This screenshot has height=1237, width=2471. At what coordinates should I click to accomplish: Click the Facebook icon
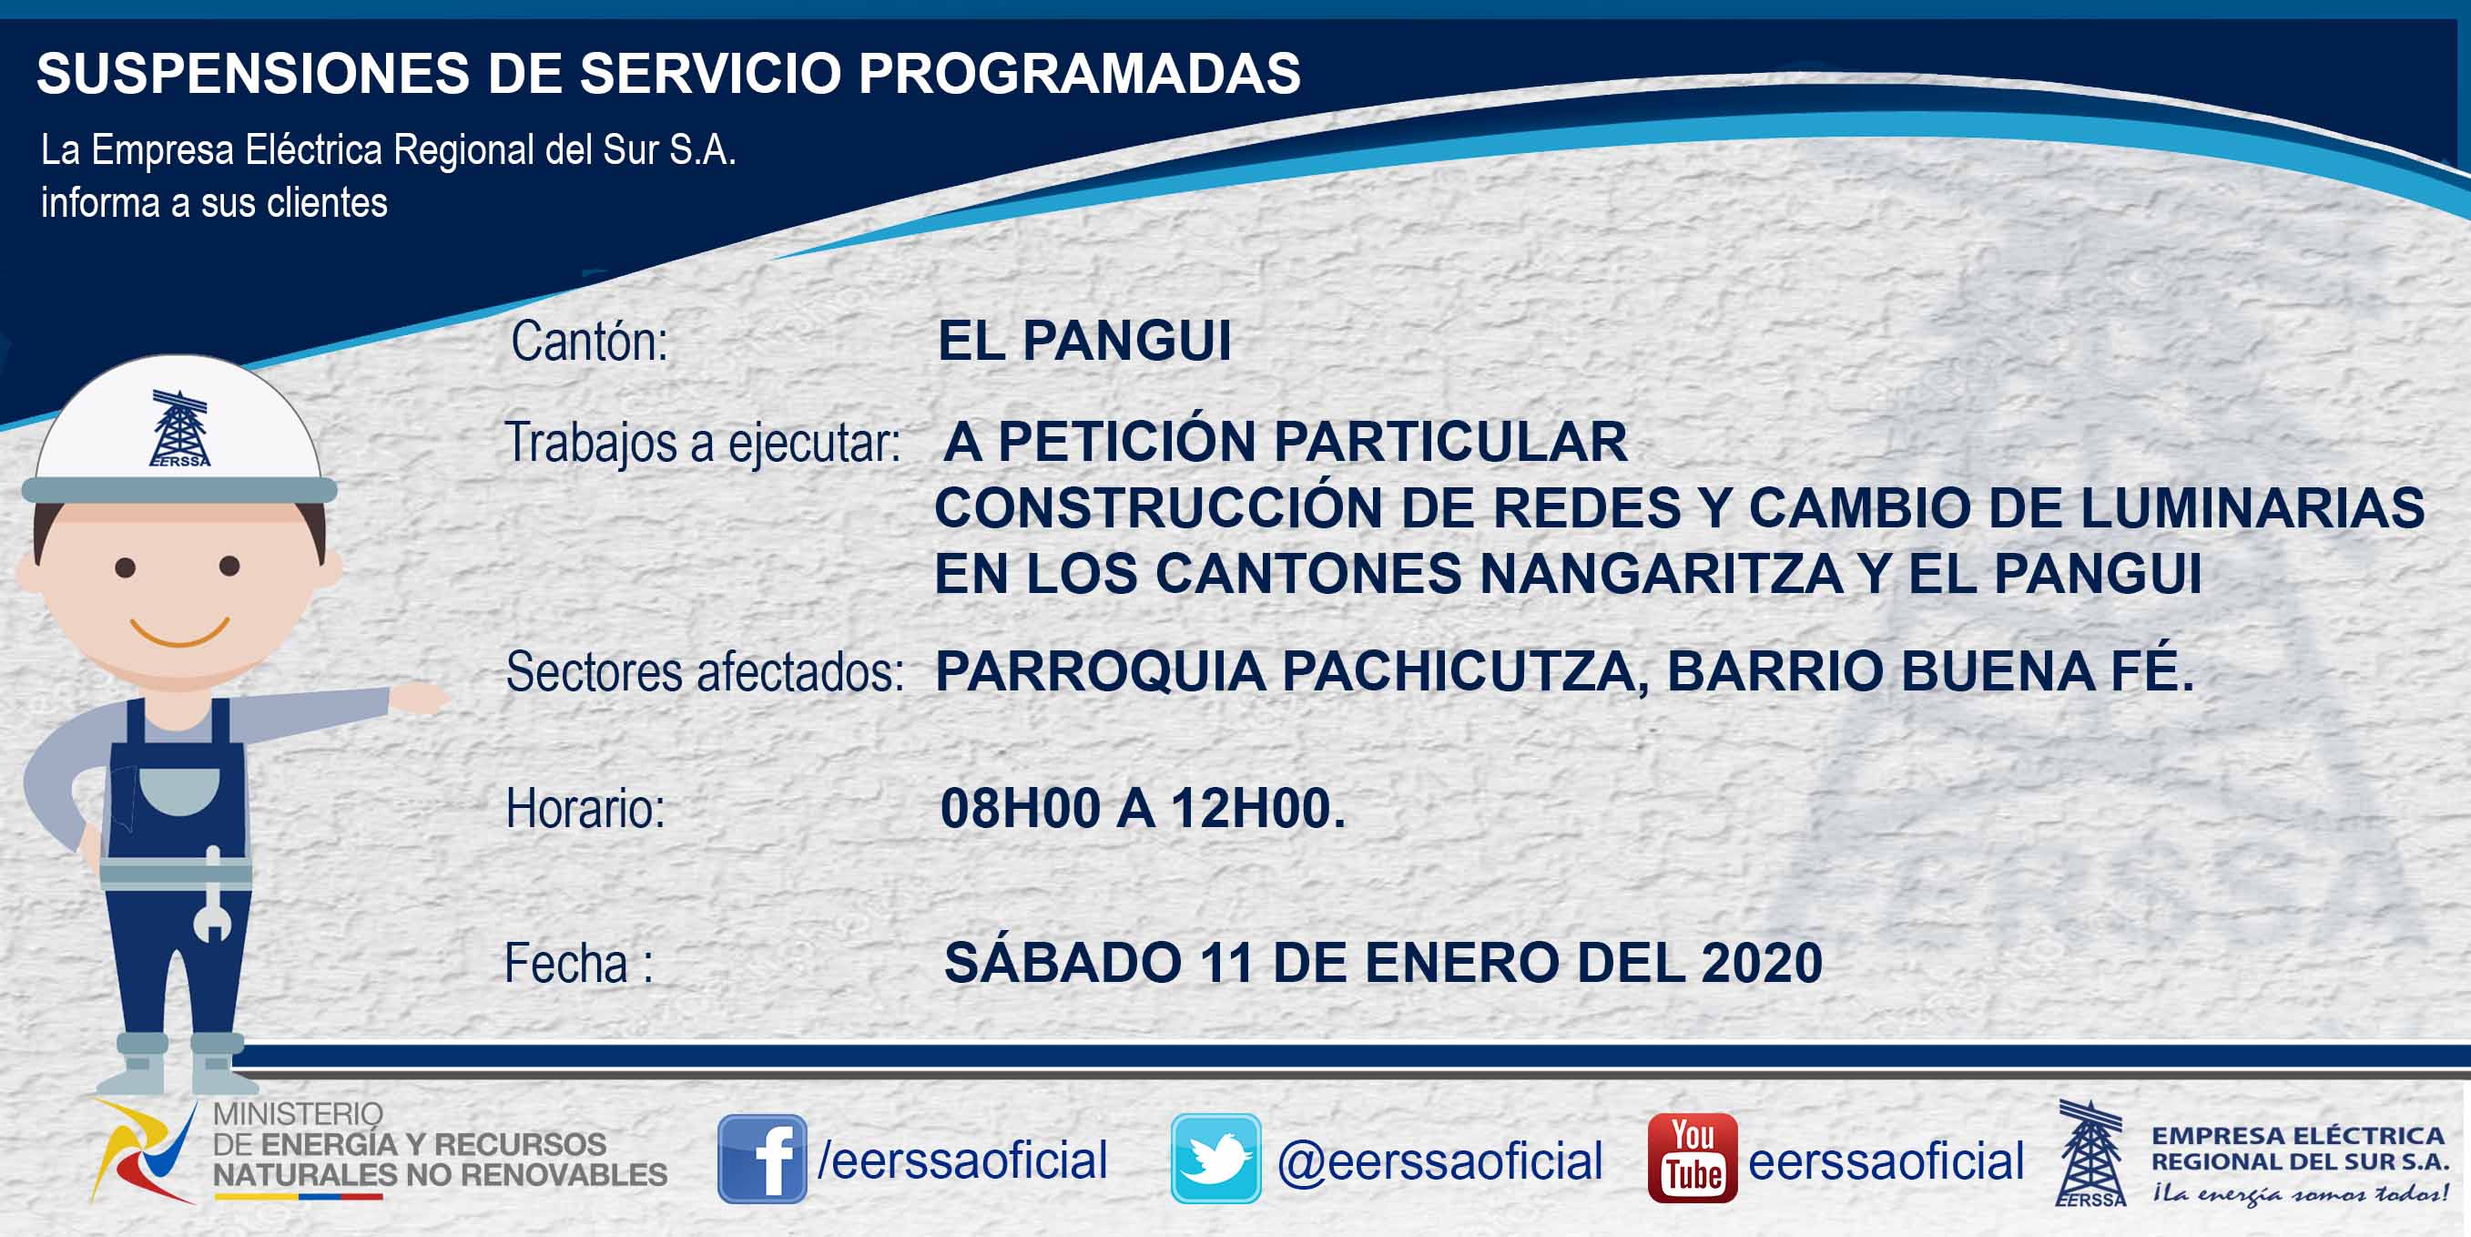pos(762,1159)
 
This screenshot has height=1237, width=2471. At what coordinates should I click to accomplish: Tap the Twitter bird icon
pos(1215,1159)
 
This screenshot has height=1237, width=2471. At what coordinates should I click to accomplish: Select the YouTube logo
pos(1692,1159)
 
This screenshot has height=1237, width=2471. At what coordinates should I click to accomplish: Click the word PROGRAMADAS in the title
pos(1079,73)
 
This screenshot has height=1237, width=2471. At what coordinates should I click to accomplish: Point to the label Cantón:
pos(589,341)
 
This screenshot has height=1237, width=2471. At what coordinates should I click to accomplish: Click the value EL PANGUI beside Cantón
pos(1084,340)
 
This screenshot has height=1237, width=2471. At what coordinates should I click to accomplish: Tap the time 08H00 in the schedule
pos(1020,808)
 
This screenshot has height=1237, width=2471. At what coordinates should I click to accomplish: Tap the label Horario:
pos(585,808)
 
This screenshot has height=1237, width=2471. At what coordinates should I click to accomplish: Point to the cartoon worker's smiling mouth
pos(179,632)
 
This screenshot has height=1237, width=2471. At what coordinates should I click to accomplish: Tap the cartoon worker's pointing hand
pos(419,697)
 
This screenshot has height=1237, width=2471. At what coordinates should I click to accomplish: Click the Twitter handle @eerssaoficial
pos(1439,1161)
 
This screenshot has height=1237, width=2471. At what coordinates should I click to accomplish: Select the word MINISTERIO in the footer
pos(298,1113)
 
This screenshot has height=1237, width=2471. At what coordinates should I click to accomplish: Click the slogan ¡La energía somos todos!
pos(2300,1193)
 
